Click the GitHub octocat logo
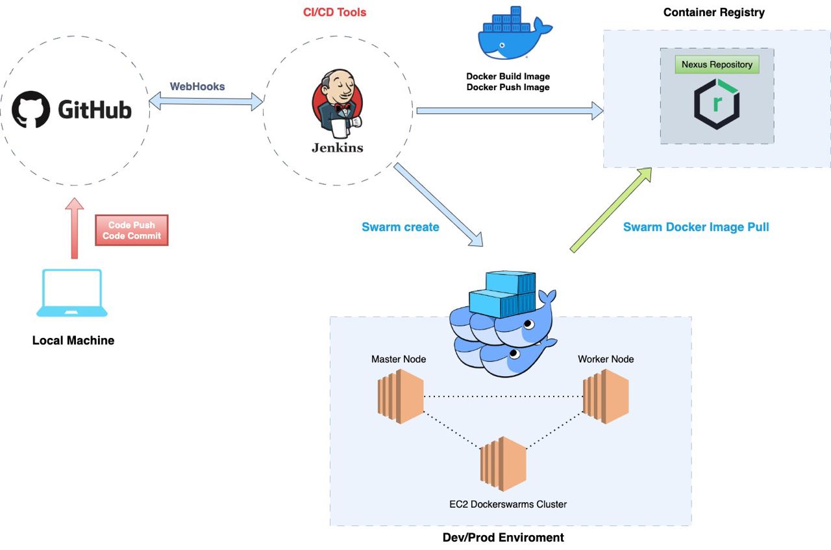click(31, 110)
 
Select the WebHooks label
click(197, 86)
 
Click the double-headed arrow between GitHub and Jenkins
click(206, 102)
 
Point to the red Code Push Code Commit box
click(132, 230)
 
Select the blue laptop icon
click(72, 293)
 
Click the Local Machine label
click(73, 341)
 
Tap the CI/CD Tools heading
click(335, 12)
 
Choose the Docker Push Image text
click(508, 87)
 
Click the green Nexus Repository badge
click(717, 65)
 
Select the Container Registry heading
click(714, 12)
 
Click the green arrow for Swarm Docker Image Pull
click(610, 209)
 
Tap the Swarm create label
click(400, 227)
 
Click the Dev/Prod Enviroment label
click(503, 538)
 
